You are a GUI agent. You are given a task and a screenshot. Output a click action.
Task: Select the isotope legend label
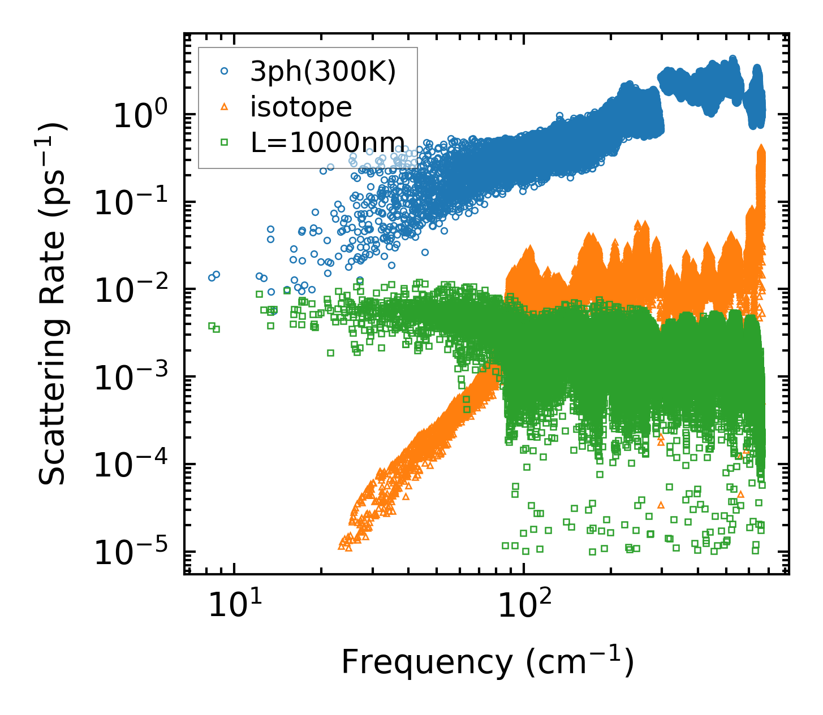[301, 107]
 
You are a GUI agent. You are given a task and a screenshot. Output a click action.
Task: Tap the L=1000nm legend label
[328, 142]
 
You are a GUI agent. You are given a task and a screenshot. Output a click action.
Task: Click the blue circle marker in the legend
[224, 72]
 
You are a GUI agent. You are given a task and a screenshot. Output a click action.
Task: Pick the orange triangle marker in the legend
[224, 107]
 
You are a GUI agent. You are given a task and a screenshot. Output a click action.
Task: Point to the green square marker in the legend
[224, 142]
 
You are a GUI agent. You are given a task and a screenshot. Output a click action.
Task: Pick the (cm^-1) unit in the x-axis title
[580, 662]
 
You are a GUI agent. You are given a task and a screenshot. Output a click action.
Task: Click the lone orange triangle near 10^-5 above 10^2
[661, 505]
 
